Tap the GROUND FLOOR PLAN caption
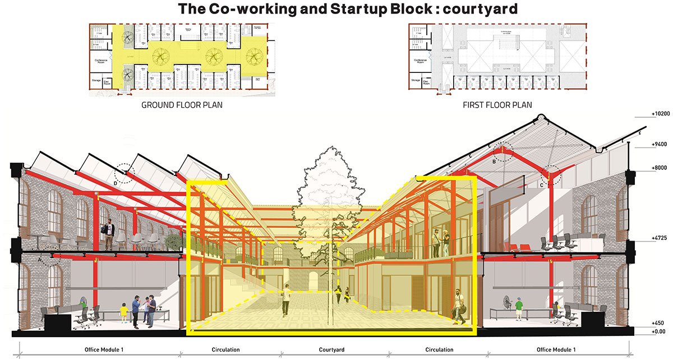(x=182, y=105)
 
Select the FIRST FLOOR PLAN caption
(x=497, y=105)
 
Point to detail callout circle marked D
(x=125, y=174)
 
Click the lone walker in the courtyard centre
(x=286, y=300)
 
